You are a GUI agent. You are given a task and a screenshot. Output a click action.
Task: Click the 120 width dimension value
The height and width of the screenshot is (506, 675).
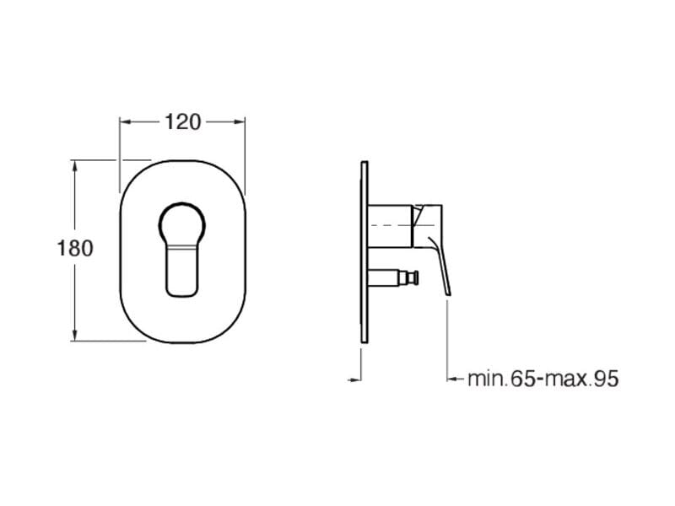pos(182,121)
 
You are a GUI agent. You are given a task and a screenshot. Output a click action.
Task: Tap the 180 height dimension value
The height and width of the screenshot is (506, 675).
pos(74,249)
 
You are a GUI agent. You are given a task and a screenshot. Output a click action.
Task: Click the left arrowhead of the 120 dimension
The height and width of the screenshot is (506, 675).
pos(124,121)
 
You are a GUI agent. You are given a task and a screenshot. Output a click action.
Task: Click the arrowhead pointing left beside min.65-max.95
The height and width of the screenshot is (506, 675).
pos(452,379)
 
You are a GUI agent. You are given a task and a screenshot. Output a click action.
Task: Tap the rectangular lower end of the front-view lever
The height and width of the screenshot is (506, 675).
pos(182,278)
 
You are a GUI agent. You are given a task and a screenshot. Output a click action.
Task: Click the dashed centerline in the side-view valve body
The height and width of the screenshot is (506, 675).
pos(390,227)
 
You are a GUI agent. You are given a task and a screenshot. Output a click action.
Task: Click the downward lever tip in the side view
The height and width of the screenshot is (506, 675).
pos(446,288)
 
